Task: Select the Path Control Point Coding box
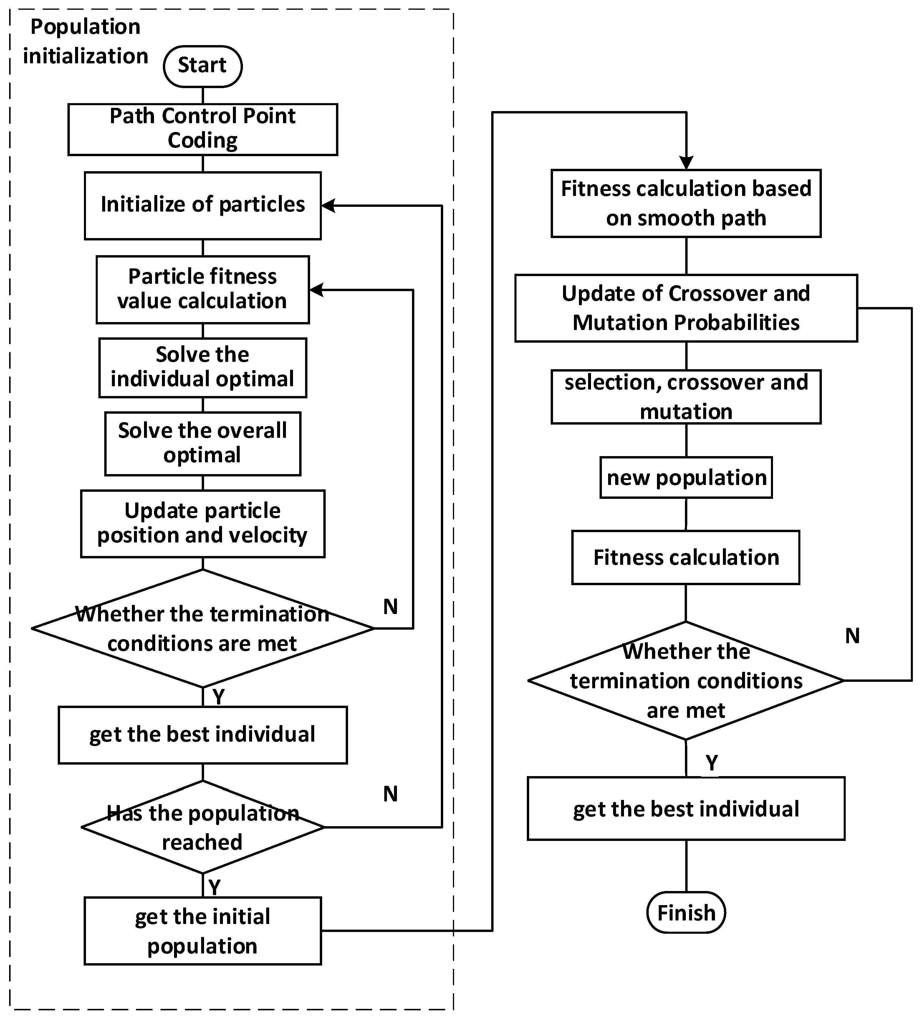click(202, 129)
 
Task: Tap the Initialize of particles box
click(202, 206)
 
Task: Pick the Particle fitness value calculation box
click(202, 289)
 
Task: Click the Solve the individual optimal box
click(202, 368)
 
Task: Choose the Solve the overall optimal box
click(202, 443)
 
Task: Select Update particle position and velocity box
click(202, 524)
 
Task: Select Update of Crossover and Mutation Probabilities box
click(686, 308)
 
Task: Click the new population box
click(686, 478)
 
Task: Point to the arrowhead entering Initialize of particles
click(328, 206)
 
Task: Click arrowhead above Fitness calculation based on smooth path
click(686, 163)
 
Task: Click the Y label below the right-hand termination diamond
click(711, 763)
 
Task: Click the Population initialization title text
click(85, 42)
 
